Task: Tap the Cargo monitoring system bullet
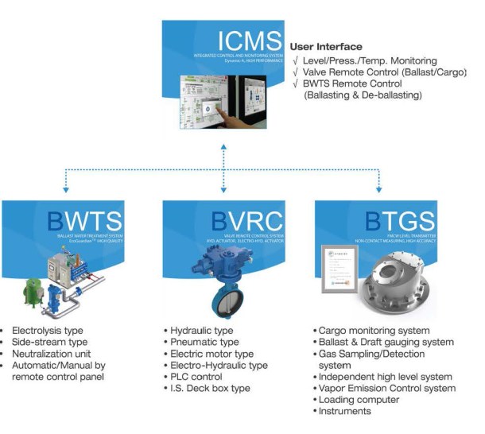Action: pos(374,330)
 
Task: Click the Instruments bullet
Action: pos(346,411)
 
